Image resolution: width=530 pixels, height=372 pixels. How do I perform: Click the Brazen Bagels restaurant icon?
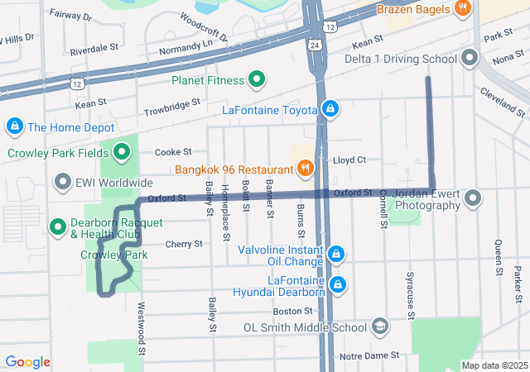point(462,9)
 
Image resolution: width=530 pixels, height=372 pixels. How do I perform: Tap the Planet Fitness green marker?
point(257,80)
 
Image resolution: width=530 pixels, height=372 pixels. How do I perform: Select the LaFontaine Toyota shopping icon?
point(330,109)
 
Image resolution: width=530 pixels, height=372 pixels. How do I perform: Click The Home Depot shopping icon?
point(13,126)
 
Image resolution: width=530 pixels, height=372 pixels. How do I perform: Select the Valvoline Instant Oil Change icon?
point(335,254)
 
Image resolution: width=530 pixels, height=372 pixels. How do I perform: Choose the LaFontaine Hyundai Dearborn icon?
point(337,285)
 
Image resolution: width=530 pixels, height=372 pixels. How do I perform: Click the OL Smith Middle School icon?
point(379,327)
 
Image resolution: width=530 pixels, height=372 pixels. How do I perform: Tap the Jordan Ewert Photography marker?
point(473,198)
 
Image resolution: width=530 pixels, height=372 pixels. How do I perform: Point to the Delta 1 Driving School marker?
point(470,59)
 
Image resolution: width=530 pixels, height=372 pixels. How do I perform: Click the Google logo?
point(27,362)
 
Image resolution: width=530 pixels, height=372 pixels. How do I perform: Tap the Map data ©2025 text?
point(494,365)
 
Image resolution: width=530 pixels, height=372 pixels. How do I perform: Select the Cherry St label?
point(184,244)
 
